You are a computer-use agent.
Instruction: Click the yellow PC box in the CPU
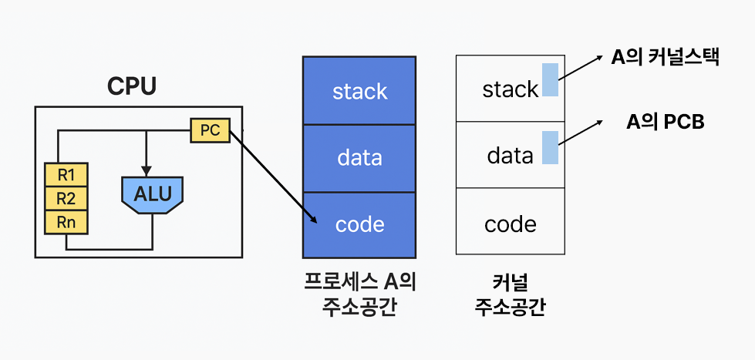210,130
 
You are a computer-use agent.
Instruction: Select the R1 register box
66,175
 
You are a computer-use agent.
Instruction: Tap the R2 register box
66,198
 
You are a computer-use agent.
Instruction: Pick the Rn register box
66,222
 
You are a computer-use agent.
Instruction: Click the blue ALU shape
153,194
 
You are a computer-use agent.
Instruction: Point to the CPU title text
131,86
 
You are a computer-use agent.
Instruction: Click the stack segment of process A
359,90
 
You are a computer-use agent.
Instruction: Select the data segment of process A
359,158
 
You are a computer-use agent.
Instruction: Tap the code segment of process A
359,225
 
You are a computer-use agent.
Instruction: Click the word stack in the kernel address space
511,89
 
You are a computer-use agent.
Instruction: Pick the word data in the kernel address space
511,156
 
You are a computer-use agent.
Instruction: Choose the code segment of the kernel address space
511,221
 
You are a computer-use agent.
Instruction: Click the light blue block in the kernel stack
551,79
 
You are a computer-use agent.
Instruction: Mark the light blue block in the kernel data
551,147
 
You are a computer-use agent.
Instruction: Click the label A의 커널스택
665,57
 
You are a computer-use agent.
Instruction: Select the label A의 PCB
665,123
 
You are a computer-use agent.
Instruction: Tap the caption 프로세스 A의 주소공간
359,294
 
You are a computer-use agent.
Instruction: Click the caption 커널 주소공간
511,294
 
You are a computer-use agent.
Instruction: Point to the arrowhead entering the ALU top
147,171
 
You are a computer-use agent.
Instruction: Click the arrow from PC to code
273,177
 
